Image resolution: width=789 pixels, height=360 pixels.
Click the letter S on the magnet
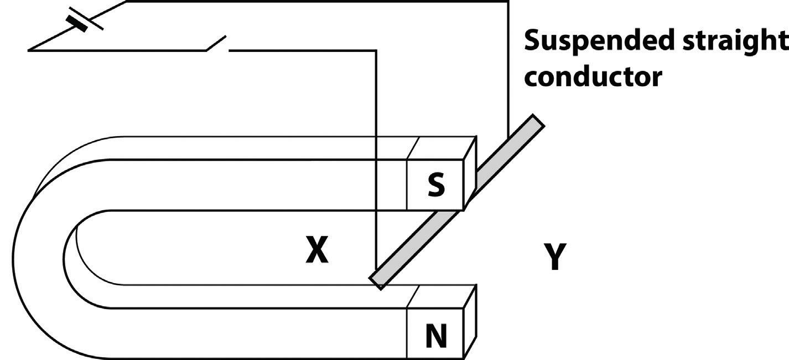point(436,186)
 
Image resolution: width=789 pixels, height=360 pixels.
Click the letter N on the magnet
point(436,336)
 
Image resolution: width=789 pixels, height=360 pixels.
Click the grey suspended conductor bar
point(459,199)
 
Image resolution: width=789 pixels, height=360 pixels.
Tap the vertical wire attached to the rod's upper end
point(507,72)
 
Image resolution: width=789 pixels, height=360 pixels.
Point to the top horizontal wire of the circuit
point(315,2)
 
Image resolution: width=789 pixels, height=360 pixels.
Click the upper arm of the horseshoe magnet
point(249,185)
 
